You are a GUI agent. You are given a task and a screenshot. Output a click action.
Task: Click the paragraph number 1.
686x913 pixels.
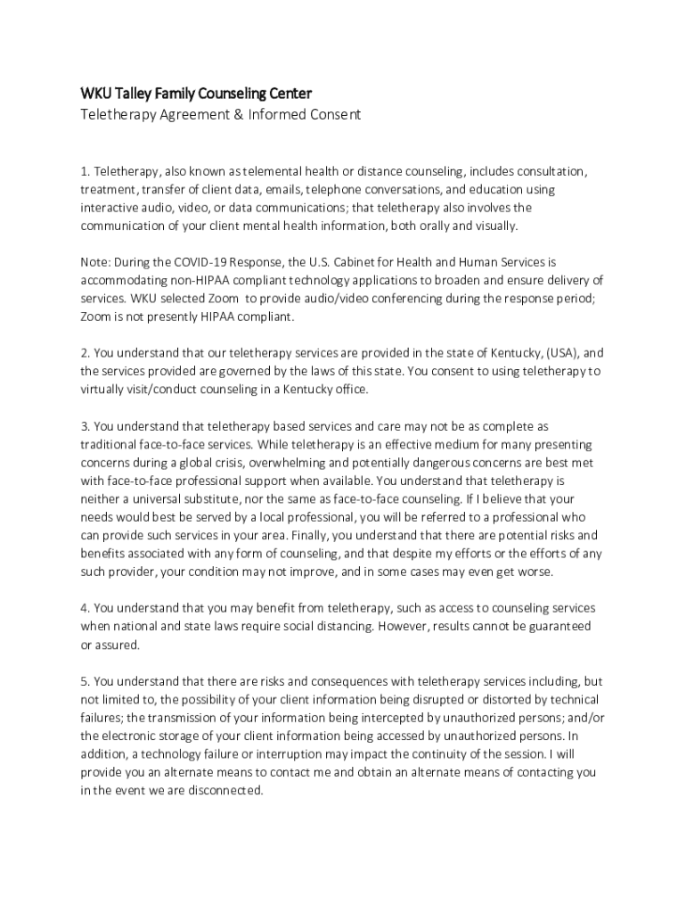[x=85, y=171]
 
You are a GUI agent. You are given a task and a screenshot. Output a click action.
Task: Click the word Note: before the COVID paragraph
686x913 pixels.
[x=96, y=263]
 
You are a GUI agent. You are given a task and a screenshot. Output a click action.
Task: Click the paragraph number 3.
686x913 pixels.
[x=85, y=427]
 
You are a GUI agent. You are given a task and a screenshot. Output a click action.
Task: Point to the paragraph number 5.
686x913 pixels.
[x=85, y=682]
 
